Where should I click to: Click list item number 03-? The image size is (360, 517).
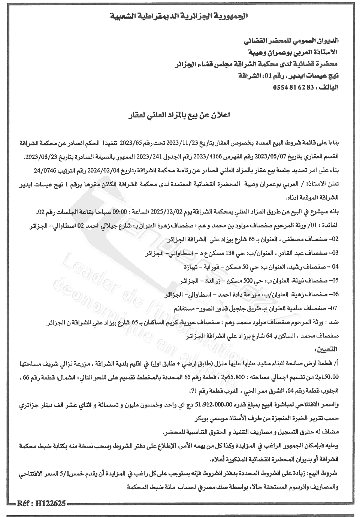[333, 253]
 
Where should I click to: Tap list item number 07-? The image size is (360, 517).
[333, 308]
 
